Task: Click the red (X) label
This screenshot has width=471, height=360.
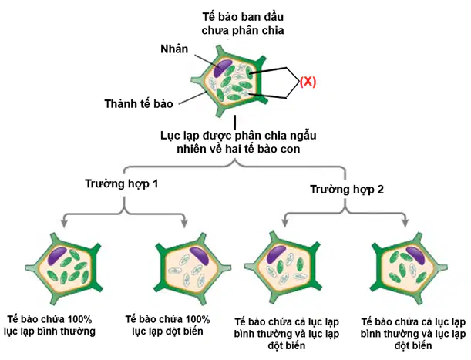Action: pos(308,82)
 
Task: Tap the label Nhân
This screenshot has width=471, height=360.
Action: pos(174,49)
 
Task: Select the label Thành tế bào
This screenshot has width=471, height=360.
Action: pos(139,103)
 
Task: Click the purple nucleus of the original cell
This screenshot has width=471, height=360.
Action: pos(223,68)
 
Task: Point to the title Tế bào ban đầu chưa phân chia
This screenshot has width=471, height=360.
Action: pos(243,23)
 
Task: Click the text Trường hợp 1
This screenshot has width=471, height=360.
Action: pos(121,183)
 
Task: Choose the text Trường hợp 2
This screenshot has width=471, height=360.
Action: pos(347,190)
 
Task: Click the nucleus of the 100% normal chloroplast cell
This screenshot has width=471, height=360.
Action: pos(57,256)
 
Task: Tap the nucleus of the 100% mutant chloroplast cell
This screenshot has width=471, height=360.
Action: pos(199,256)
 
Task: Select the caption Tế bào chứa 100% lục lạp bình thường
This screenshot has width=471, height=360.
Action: pos(49,325)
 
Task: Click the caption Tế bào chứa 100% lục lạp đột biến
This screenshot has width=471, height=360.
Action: pos(167,325)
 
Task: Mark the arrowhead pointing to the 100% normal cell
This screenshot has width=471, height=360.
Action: pos(63,223)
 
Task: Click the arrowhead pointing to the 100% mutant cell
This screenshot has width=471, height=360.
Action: pos(184,223)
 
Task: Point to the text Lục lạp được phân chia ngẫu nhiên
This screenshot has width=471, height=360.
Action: pos(238,142)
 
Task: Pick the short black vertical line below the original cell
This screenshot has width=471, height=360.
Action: pos(234,122)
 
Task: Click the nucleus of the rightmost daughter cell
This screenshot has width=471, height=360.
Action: pos(415,255)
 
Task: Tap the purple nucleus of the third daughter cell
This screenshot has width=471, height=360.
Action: pos(276,254)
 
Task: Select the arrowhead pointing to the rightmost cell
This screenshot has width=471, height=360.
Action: pos(405,223)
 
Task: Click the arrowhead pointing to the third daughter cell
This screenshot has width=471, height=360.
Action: pos(285,223)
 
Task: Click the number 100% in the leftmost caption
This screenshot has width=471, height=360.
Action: pos(79,319)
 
